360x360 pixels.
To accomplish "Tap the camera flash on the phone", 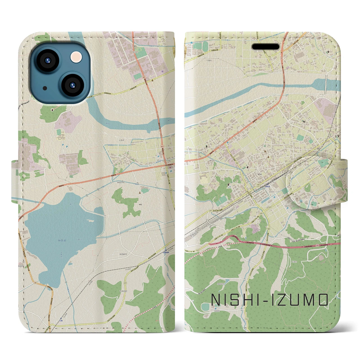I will [x=76, y=57].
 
